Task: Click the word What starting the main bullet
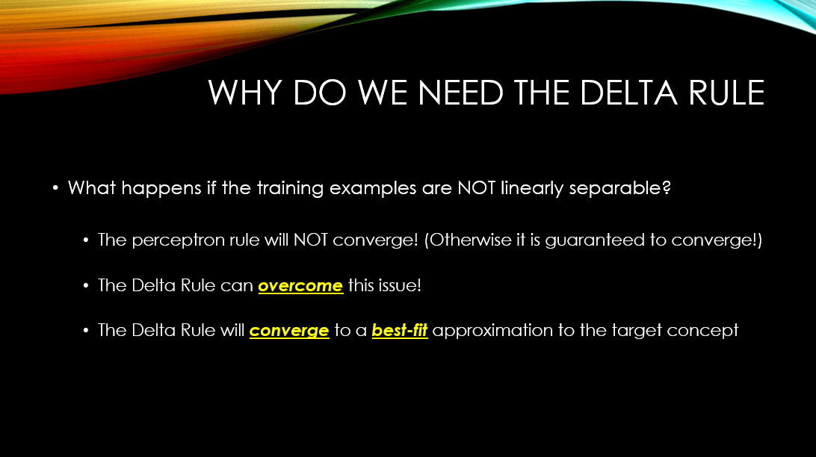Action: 92,187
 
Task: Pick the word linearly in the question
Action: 527,187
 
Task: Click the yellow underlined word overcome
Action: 300,285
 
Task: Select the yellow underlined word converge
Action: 289,330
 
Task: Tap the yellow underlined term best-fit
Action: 399,330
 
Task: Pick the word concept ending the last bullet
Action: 707,330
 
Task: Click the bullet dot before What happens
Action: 55,188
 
